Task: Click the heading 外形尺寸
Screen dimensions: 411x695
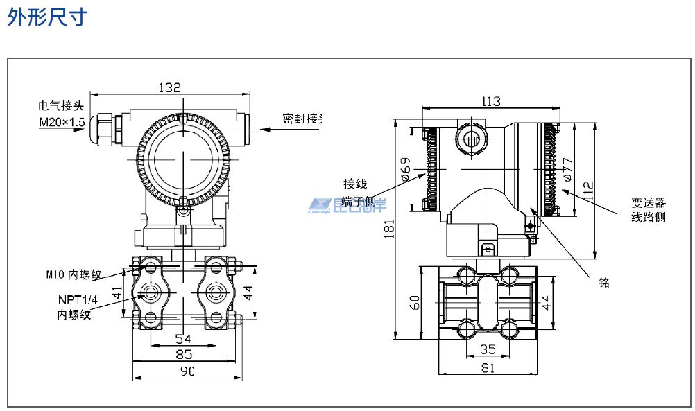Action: pos(47,17)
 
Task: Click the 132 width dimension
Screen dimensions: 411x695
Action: pos(170,87)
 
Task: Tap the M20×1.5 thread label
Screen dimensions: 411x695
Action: pos(61,123)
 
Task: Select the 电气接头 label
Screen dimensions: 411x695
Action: pos(61,106)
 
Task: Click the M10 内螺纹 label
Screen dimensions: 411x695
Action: pos(74,274)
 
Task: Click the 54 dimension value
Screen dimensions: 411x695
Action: pos(182,338)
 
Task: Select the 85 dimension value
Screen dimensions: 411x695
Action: pos(183,354)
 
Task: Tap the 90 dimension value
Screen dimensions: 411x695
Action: pos(187,371)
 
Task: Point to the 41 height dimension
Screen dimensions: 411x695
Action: pos(118,293)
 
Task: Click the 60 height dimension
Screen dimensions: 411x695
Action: pos(415,303)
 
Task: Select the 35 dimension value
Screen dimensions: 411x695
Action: pos(488,350)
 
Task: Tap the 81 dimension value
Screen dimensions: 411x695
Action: pos(488,368)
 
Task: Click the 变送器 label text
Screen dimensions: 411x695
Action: pos(648,202)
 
